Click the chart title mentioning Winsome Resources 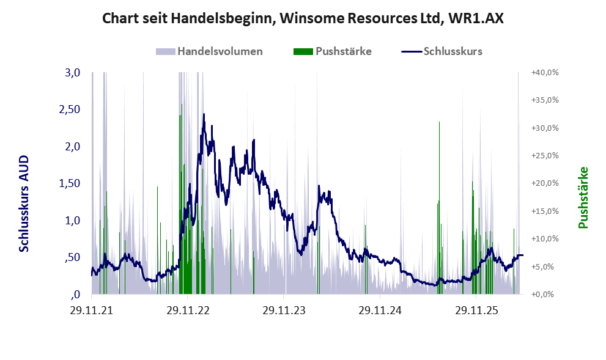coord(303,18)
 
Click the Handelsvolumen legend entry coord(209,51)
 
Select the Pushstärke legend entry coord(333,51)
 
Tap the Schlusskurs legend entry coord(442,51)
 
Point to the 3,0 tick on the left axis coord(73,72)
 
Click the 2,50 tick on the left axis coord(70,109)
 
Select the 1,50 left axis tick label coord(70,183)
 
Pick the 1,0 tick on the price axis coord(73,220)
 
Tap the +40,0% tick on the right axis coord(545,72)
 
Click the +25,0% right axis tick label coord(545,155)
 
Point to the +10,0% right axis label coord(545,239)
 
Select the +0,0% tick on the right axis coord(542,294)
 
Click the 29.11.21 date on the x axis coord(92,310)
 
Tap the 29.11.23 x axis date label coord(284,310)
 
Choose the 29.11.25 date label coord(476,310)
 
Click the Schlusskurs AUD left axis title coord(24,204)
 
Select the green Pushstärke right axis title coord(583,197)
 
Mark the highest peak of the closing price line coord(204,114)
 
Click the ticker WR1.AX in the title coord(476,18)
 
